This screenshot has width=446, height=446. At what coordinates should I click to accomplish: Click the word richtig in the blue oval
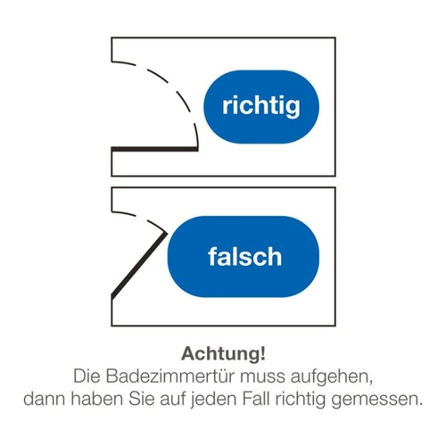tap(261, 106)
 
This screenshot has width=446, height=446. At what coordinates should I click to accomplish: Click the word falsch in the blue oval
tap(244, 257)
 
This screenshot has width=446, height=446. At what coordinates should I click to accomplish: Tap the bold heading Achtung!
tap(223, 353)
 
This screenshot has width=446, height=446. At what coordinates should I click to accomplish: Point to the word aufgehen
tap(331, 377)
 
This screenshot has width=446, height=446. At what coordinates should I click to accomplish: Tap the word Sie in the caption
tap(141, 399)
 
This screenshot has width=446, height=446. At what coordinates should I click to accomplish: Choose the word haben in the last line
tap(97, 399)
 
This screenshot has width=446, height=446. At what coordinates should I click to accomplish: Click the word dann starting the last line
tap(45, 399)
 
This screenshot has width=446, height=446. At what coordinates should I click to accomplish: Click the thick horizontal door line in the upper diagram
tap(154, 149)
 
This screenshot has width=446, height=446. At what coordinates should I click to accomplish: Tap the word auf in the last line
tap(172, 399)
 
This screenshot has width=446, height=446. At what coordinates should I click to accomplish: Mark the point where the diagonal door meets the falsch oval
tap(166, 232)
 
